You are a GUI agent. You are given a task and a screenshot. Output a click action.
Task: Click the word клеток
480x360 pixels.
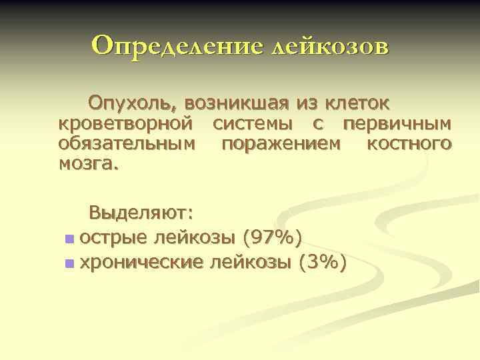click(357, 103)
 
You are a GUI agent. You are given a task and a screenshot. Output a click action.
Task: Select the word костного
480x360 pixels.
click(409, 143)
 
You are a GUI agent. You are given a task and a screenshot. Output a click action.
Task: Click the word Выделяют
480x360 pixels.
click(141, 215)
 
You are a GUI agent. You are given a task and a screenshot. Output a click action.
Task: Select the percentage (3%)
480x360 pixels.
click(323, 263)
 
